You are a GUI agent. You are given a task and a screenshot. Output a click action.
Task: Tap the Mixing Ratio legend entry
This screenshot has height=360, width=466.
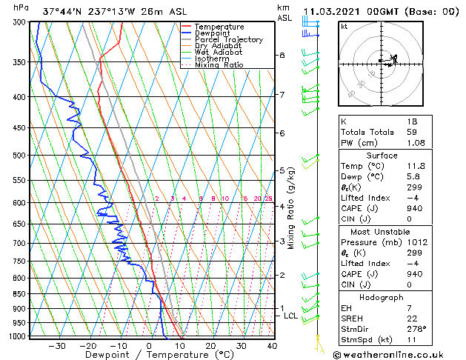pos(219,65)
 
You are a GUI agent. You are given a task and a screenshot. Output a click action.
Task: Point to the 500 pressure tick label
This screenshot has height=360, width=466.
pos(19,156)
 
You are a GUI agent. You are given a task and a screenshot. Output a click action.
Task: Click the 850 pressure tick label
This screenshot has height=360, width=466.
pos(19,294)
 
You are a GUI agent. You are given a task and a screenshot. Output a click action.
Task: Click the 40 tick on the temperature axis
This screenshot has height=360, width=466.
pos(272,346)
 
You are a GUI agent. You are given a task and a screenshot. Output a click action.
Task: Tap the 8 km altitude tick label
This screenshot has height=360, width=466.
pos(282,56)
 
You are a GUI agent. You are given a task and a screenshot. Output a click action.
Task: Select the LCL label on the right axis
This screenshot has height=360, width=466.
pos(291,316)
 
